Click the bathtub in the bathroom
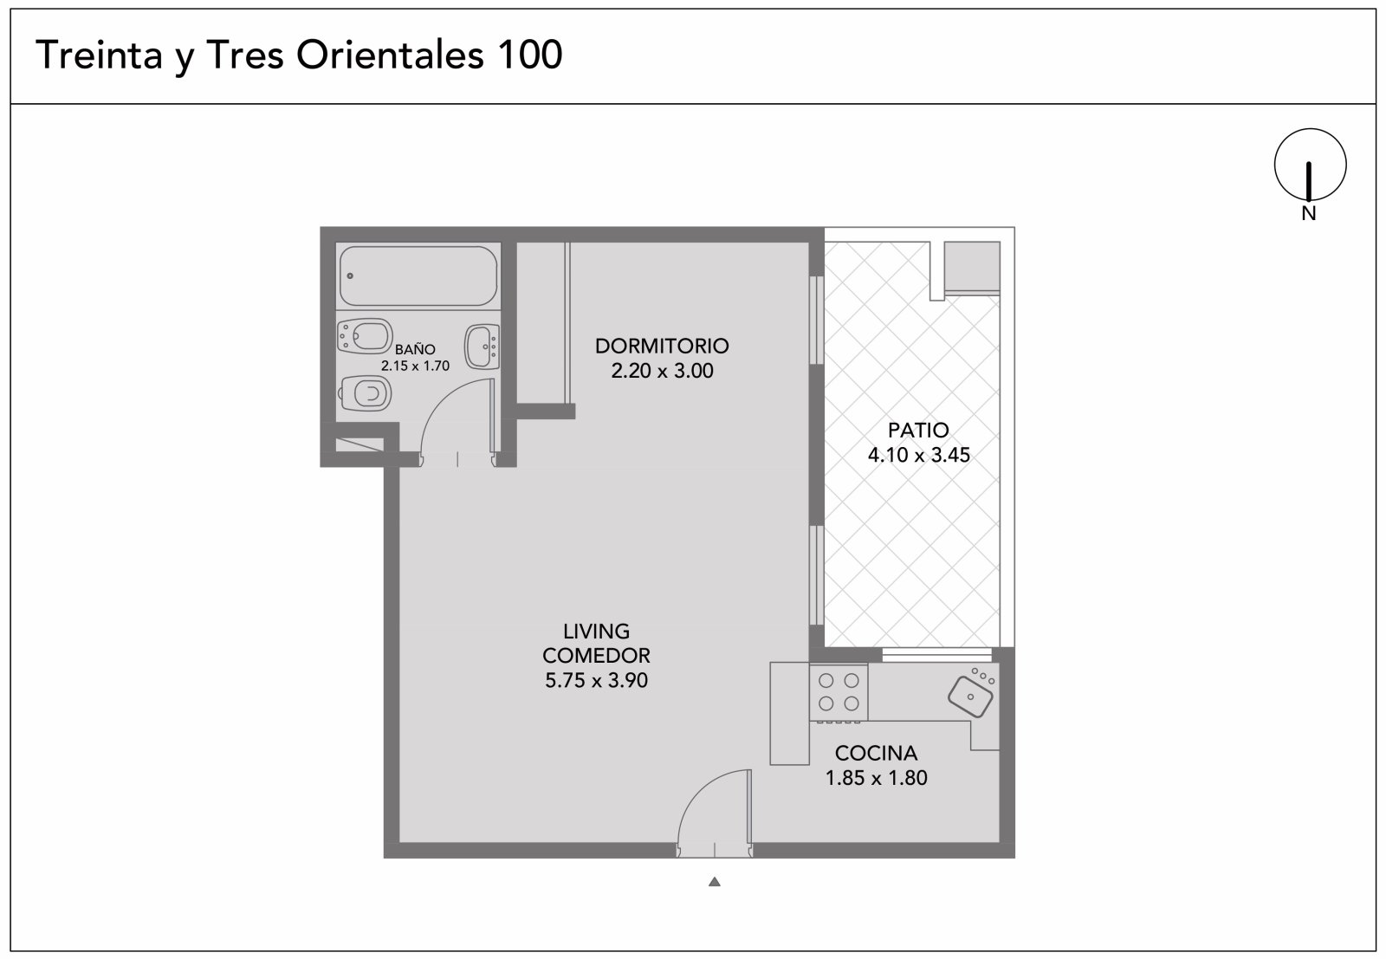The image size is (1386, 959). click(418, 276)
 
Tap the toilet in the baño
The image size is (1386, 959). click(366, 393)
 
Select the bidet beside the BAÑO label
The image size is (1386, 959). click(365, 336)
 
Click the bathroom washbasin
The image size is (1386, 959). click(482, 347)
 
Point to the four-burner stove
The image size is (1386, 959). click(839, 691)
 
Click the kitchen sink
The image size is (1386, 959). click(970, 697)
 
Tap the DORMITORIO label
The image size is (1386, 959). click(662, 346)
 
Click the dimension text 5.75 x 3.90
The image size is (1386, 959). click(596, 681)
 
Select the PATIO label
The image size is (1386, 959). click(918, 430)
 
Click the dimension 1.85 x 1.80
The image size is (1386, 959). click(876, 778)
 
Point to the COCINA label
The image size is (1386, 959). click(876, 753)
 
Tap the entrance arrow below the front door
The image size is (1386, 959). click(715, 882)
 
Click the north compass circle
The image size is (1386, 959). click(1311, 129)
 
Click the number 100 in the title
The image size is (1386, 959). click(529, 55)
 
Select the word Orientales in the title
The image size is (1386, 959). click(390, 55)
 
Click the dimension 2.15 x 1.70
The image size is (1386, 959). click(415, 366)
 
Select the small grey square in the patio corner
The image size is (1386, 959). click(972, 265)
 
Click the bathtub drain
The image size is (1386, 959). click(350, 276)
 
